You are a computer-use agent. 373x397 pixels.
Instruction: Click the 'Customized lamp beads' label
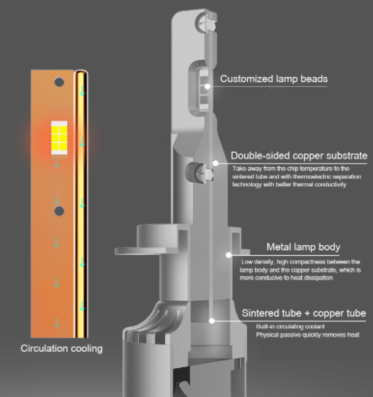pyautogui.click(x=274, y=79)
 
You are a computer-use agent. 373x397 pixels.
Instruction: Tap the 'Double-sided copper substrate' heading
pyautogui.click(x=299, y=156)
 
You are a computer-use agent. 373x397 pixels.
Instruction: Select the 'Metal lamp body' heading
pyautogui.click(x=304, y=247)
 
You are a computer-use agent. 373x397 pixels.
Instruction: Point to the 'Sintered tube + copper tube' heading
pyautogui.click(x=304, y=313)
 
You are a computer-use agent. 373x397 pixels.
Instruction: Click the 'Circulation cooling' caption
pyautogui.click(x=62, y=348)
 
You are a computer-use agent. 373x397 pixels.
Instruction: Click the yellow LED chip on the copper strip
pyautogui.click(x=59, y=137)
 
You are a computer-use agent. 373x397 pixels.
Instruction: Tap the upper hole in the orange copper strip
pyautogui.click(x=59, y=82)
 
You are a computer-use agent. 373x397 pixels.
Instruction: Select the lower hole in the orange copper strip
pyautogui.click(x=59, y=211)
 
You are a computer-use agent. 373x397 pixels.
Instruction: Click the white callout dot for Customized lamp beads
pyautogui.click(x=207, y=86)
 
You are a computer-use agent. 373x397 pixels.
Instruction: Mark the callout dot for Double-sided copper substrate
pyautogui.click(x=216, y=163)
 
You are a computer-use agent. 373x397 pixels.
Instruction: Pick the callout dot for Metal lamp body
pyautogui.click(x=229, y=255)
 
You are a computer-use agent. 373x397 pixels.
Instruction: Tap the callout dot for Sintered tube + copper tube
pyautogui.click(x=211, y=321)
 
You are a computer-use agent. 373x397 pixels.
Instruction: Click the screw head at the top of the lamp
pyautogui.click(x=204, y=23)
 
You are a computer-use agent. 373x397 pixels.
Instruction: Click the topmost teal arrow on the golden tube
pyautogui.click(x=82, y=91)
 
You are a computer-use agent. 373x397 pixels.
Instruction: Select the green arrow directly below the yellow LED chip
pyautogui.click(x=56, y=163)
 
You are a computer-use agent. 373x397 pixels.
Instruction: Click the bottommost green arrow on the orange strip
pyautogui.click(x=56, y=323)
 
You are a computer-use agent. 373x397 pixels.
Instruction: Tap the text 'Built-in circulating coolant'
pyautogui.click(x=291, y=327)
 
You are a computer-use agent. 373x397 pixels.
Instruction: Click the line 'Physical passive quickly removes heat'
pyautogui.click(x=307, y=334)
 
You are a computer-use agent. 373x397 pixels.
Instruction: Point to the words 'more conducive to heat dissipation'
pyautogui.click(x=286, y=278)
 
